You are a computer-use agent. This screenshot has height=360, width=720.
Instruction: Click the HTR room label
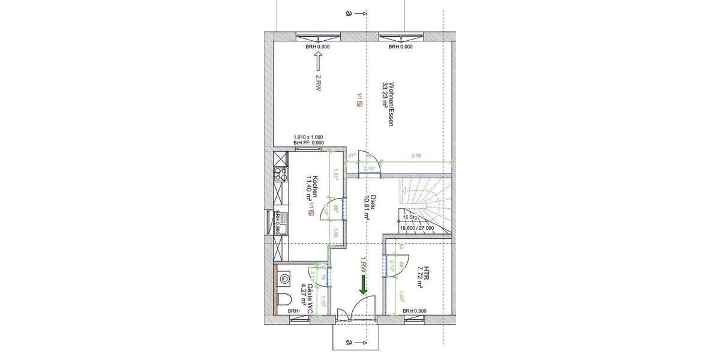427,278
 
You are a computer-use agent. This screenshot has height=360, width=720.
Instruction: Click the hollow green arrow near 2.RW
318,62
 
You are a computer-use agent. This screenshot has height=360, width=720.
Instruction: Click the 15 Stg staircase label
410,217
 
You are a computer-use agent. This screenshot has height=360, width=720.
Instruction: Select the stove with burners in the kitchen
280,175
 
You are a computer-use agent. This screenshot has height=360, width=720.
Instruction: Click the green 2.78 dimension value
416,156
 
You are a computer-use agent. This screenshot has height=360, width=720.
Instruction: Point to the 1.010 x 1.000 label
308,137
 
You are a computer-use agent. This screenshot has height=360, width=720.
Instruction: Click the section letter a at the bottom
348,343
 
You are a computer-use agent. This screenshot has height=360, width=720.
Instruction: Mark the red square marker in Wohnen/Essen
359,104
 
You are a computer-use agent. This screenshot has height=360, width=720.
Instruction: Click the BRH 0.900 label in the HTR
415,311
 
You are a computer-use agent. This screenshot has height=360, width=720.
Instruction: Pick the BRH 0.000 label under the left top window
318,46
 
